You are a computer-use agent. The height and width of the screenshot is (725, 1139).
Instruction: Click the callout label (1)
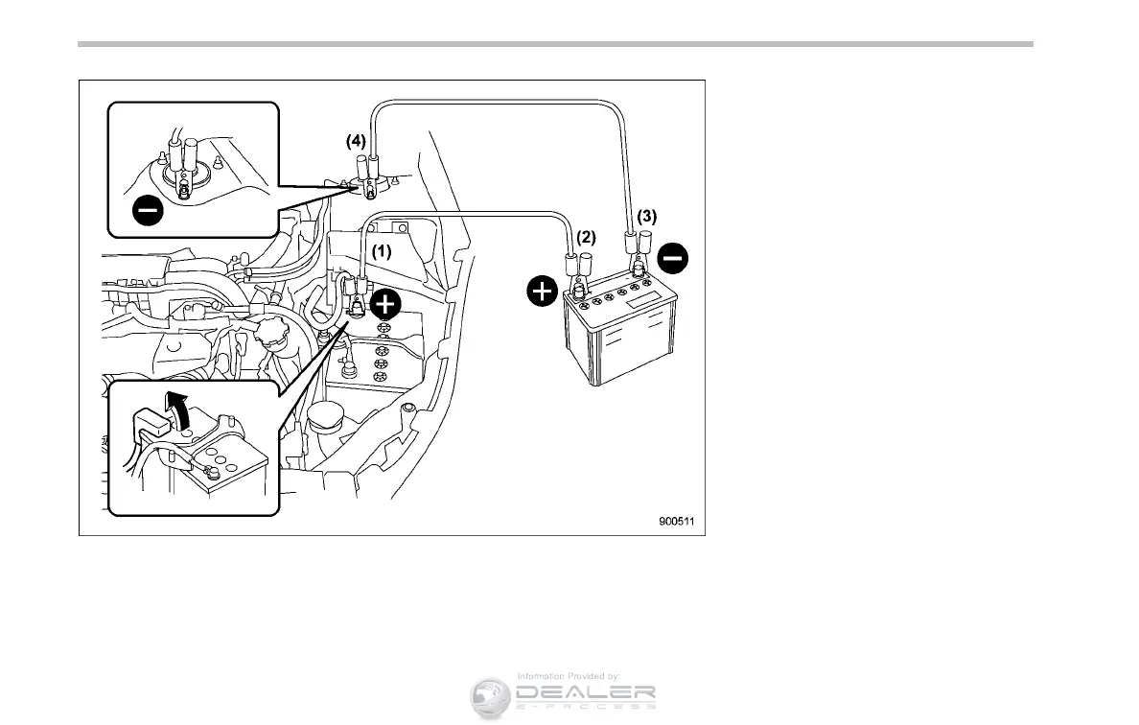tap(383, 252)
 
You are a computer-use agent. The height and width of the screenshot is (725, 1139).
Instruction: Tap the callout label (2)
tap(586, 236)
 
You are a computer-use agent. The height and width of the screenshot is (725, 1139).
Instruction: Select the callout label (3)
tap(647, 217)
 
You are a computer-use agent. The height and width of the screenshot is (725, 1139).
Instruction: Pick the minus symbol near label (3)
tap(674, 256)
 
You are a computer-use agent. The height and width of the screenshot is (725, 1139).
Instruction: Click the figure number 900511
tap(676, 523)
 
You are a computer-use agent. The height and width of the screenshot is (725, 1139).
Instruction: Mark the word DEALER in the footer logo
tap(586, 692)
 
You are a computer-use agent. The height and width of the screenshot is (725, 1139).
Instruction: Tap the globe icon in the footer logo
tap(490, 697)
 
